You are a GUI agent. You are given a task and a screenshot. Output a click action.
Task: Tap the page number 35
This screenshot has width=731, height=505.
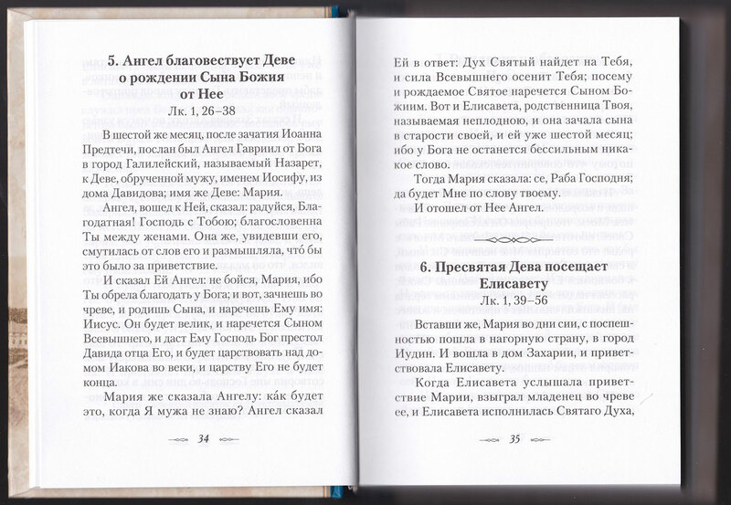tap(514, 439)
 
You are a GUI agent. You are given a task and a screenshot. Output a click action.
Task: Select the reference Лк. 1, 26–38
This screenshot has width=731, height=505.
tap(207, 110)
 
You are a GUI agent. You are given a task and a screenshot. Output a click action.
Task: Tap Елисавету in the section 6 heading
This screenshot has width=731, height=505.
tap(515, 281)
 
